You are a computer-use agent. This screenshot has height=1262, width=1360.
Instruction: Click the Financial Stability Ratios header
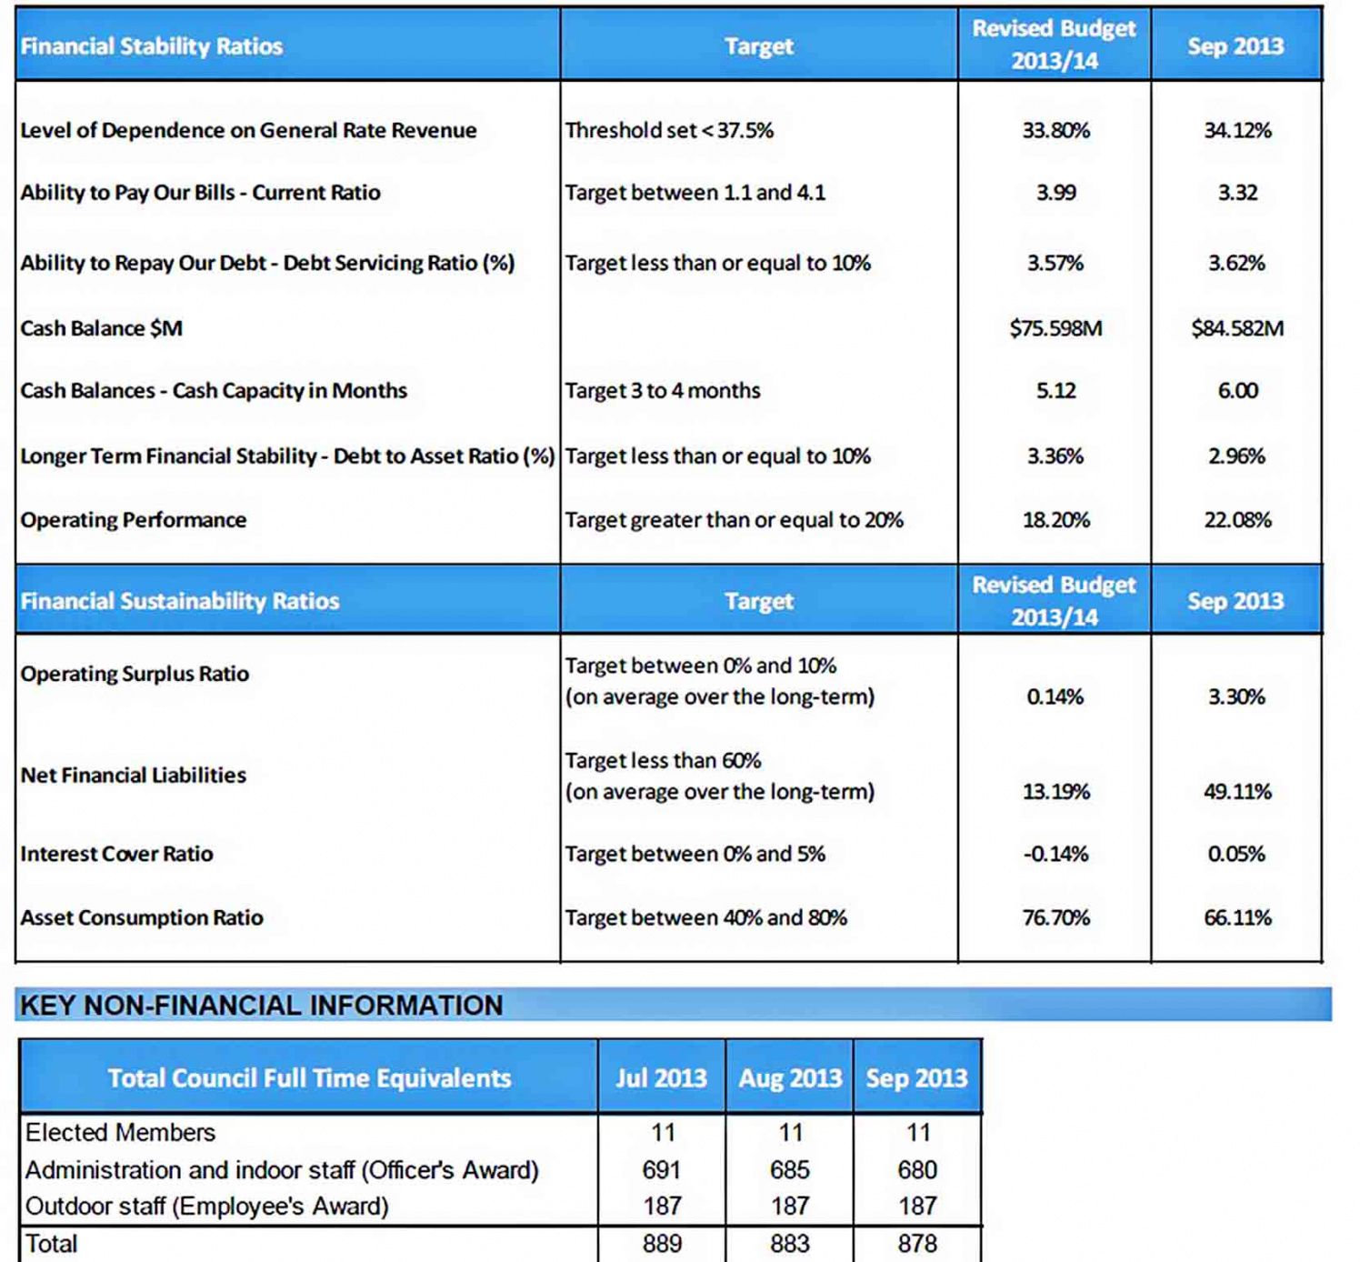pos(151,45)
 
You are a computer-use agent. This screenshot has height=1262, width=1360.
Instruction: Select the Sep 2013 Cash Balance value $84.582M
pos(1236,328)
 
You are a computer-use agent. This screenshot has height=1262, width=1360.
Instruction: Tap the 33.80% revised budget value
pos(1055,130)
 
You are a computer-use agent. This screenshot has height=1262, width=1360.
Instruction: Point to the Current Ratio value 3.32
pos(1236,193)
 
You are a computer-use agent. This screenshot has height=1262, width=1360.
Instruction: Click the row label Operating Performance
pos(133,520)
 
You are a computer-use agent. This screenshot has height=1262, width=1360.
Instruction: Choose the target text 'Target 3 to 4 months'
pos(662,391)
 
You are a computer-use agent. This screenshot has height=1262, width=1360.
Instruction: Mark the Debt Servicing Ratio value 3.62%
pos(1236,263)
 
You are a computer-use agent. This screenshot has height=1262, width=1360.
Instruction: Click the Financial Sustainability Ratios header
pos(179,601)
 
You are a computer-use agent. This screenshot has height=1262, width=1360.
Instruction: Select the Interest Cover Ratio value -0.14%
pos(1055,854)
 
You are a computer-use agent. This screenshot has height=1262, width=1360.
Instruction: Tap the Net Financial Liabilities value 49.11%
pos(1236,791)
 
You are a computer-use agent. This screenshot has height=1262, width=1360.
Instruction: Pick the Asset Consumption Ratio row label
pos(142,917)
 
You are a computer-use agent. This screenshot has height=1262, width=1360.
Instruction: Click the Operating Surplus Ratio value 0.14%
pos(1055,696)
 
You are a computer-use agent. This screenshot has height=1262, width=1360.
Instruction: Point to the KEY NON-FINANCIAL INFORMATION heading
pos(262,1005)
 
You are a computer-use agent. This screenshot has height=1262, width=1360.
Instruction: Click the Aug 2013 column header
pos(790,1078)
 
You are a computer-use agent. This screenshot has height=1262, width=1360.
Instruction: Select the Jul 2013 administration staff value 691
pos(662,1170)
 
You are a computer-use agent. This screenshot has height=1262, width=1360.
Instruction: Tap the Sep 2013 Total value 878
pos(917,1244)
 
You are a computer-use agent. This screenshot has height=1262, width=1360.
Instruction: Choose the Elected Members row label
pos(121,1133)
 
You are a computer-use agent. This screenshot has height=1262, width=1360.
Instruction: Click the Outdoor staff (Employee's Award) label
pos(206,1206)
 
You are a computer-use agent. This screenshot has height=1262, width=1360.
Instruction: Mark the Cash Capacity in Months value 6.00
pos(1236,391)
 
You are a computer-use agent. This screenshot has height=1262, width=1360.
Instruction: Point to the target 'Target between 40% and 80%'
pos(705,917)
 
